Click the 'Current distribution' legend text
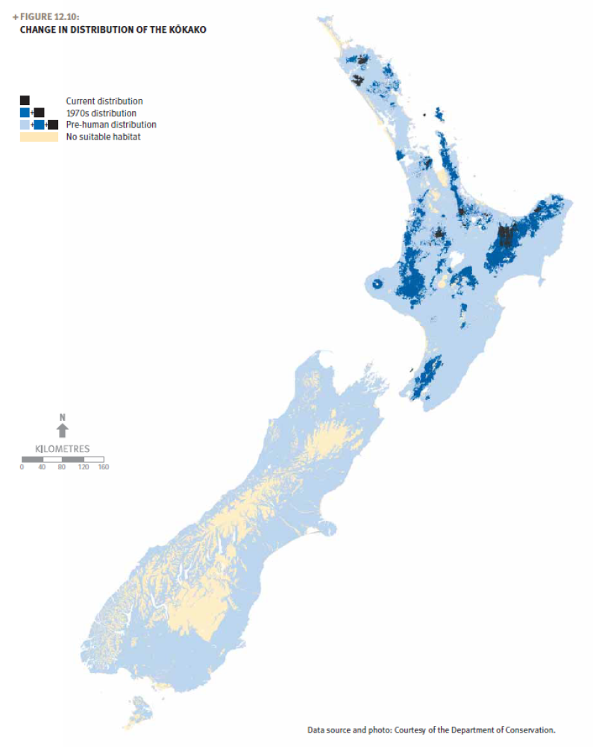[104, 101]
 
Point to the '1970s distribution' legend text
[101, 113]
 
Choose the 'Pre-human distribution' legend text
[110, 125]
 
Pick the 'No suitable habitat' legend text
[103, 137]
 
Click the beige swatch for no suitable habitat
[39, 137]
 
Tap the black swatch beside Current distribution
[25, 100]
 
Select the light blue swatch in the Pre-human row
[25, 125]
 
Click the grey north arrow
[63, 430]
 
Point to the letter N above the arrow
[63, 417]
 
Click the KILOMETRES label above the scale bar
[63, 448]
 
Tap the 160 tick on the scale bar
[104, 467]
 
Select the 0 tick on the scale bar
[22, 467]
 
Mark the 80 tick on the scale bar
[63, 467]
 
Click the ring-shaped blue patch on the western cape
[377, 284]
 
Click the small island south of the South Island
[140, 708]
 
